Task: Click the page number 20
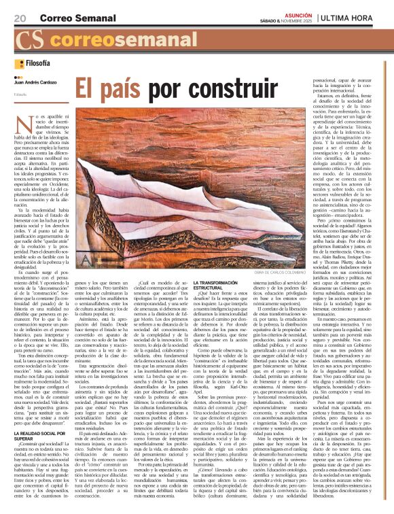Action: (x=19, y=17)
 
